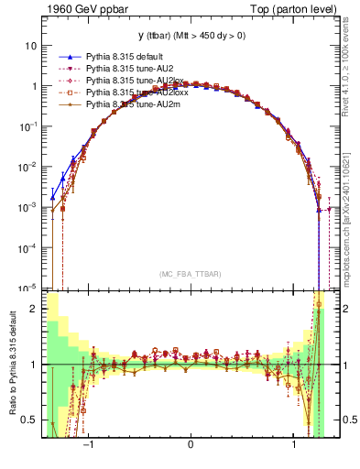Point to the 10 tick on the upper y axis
tap(31, 46)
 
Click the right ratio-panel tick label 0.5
tap(346, 420)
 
